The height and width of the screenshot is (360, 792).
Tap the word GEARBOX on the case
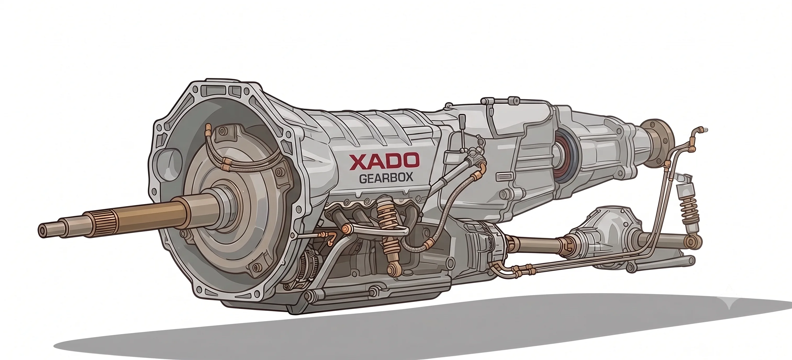point(386,179)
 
